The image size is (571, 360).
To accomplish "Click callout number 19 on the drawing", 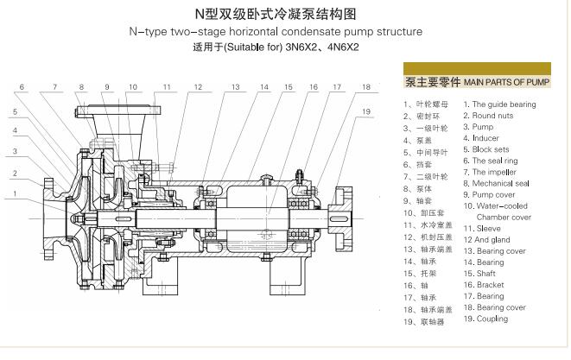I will (x=366, y=111).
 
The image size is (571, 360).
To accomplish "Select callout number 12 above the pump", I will (x=197, y=87).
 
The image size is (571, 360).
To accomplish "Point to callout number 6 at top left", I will (x=22, y=86).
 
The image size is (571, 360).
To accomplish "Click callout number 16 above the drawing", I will (x=314, y=87).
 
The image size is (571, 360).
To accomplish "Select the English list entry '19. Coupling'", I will (x=485, y=319).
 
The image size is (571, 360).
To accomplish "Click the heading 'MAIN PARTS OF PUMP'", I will (x=505, y=84).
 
